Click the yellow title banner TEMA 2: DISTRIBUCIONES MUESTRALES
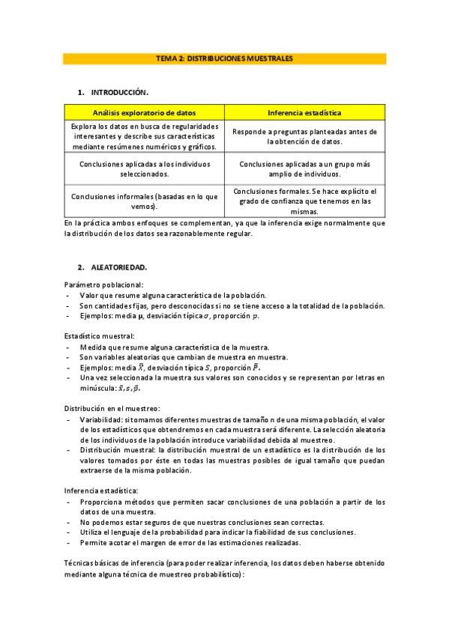tap(224, 58)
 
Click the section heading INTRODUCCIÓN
tap(119, 93)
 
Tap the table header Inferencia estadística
tap(304, 112)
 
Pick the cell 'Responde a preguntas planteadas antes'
tap(304, 136)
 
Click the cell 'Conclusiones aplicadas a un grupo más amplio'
tap(304, 168)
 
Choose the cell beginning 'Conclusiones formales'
tap(304, 201)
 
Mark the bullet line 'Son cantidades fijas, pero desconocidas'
tap(232, 306)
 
